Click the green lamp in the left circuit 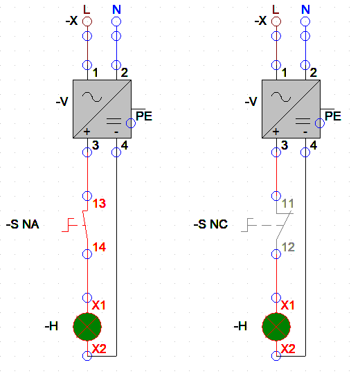(x=87, y=327)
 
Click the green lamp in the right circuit (x=276, y=327)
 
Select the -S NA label (x=23, y=224)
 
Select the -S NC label (x=210, y=224)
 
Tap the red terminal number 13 (x=99, y=204)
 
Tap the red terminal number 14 (x=99, y=247)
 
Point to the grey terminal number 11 (x=287, y=204)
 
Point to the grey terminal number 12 (x=288, y=247)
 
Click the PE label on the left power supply (x=144, y=116)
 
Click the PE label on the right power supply (x=333, y=116)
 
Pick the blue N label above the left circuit (x=116, y=10)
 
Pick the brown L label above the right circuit (x=276, y=10)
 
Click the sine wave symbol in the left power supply (x=92, y=97)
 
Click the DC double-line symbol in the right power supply (x=303, y=121)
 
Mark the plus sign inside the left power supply (x=87, y=132)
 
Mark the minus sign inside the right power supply (x=305, y=132)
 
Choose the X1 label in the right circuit (x=287, y=305)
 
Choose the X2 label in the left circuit (x=99, y=349)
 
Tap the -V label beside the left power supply (x=62, y=101)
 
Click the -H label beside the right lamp (x=240, y=326)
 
